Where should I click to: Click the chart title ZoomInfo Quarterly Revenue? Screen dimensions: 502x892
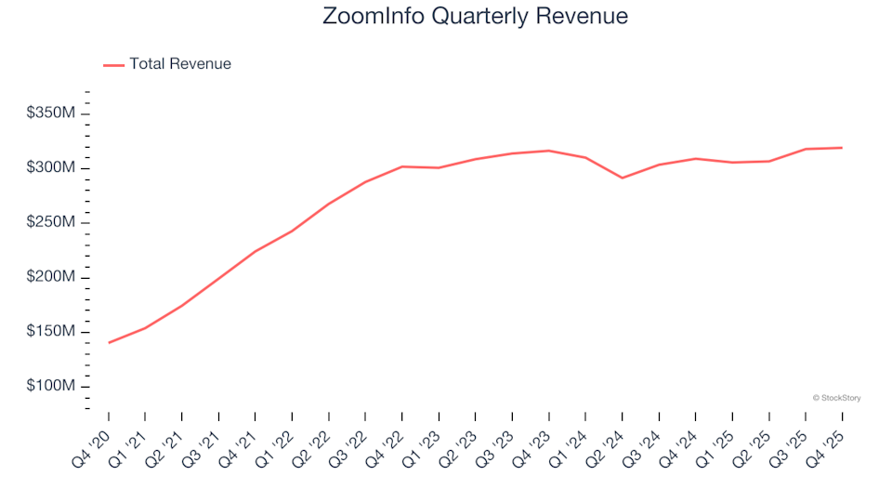click(x=475, y=16)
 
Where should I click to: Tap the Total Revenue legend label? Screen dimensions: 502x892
click(x=180, y=64)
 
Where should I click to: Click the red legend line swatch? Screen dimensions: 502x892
click(x=113, y=65)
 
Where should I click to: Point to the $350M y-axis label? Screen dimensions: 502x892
click(x=50, y=113)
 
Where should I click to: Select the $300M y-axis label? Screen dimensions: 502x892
click(x=50, y=168)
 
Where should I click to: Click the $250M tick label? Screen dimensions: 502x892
click(x=50, y=223)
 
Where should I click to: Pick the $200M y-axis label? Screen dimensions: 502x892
click(x=50, y=278)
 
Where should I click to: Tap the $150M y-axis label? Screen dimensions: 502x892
click(x=50, y=333)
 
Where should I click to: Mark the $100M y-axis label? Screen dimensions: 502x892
click(x=50, y=387)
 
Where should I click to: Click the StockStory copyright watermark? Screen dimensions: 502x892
click(x=836, y=398)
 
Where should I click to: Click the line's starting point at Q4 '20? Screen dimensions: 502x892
click(x=109, y=343)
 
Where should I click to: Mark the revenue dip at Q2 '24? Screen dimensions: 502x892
click(x=622, y=178)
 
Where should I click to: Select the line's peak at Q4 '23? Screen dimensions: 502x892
click(x=548, y=151)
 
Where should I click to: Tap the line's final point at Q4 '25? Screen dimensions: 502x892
click(x=842, y=148)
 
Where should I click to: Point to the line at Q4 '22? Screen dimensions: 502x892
click(x=401, y=166)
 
